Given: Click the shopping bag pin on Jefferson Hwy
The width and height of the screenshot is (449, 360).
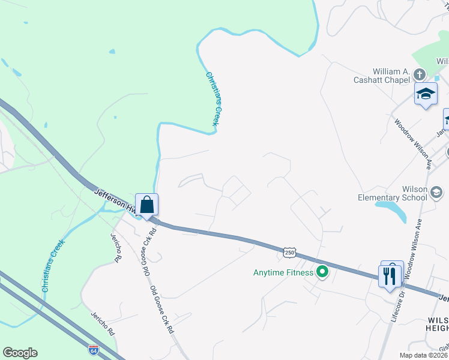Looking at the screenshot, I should pos(147,205).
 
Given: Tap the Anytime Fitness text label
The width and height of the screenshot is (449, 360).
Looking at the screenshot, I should pos(283,273).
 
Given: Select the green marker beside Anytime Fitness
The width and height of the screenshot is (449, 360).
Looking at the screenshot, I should pos(322,272).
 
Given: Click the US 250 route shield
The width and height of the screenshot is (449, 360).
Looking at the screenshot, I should pos(290,253).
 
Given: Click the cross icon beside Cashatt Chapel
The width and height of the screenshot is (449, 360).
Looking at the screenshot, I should pos(419,74).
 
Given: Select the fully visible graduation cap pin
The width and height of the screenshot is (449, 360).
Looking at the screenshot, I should pos(426,94).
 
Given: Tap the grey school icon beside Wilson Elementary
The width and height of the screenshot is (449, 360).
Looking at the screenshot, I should pos(436,193).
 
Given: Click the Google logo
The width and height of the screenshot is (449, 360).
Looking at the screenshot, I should pos(20,353).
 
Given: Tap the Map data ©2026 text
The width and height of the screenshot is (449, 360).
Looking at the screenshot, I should pos(423,355).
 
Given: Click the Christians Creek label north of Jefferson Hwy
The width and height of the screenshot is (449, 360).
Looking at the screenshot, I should pos(213,99).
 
